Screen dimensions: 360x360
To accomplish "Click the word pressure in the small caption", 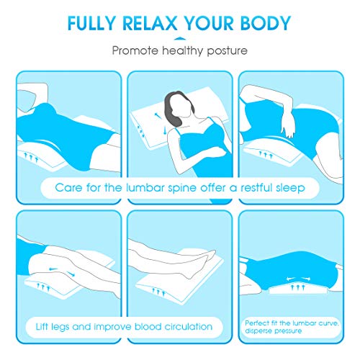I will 284,332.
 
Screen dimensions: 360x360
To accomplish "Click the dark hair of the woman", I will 175,104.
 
